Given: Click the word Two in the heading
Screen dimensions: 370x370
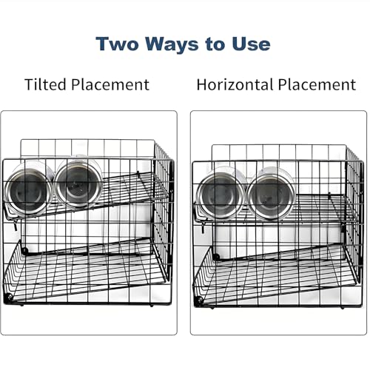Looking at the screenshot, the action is click(x=117, y=44).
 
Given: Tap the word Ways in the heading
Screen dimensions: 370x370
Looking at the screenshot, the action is click(x=172, y=44).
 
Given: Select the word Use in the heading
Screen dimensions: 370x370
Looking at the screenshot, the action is click(x=251, y=44).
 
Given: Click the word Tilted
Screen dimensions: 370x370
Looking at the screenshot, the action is click(x=46, y=84).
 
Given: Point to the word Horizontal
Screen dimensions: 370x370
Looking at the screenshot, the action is click(x=236, y=84).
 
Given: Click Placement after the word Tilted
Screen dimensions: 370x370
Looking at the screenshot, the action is click(x=110, y=84).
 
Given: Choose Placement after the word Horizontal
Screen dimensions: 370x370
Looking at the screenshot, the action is click(x=317, y=84).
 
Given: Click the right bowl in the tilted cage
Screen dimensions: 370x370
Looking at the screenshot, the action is click(x=78, y=183).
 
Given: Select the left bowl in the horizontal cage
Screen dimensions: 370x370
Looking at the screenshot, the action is click(x=221, y=195).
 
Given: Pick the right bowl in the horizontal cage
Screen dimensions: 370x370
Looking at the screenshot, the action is click(x=271, y=194).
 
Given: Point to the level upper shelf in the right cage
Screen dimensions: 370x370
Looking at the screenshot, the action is click(x=276, y=209).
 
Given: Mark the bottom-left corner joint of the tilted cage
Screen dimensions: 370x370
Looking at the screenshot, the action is click(x=10, y=297).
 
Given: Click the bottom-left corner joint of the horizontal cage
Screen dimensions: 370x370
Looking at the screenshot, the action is click(x=199, y=300).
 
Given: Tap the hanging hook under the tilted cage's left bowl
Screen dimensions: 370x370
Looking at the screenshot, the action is click(x=16, y=226).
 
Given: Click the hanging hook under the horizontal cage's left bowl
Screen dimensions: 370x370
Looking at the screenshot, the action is click(x=203, y=229).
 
